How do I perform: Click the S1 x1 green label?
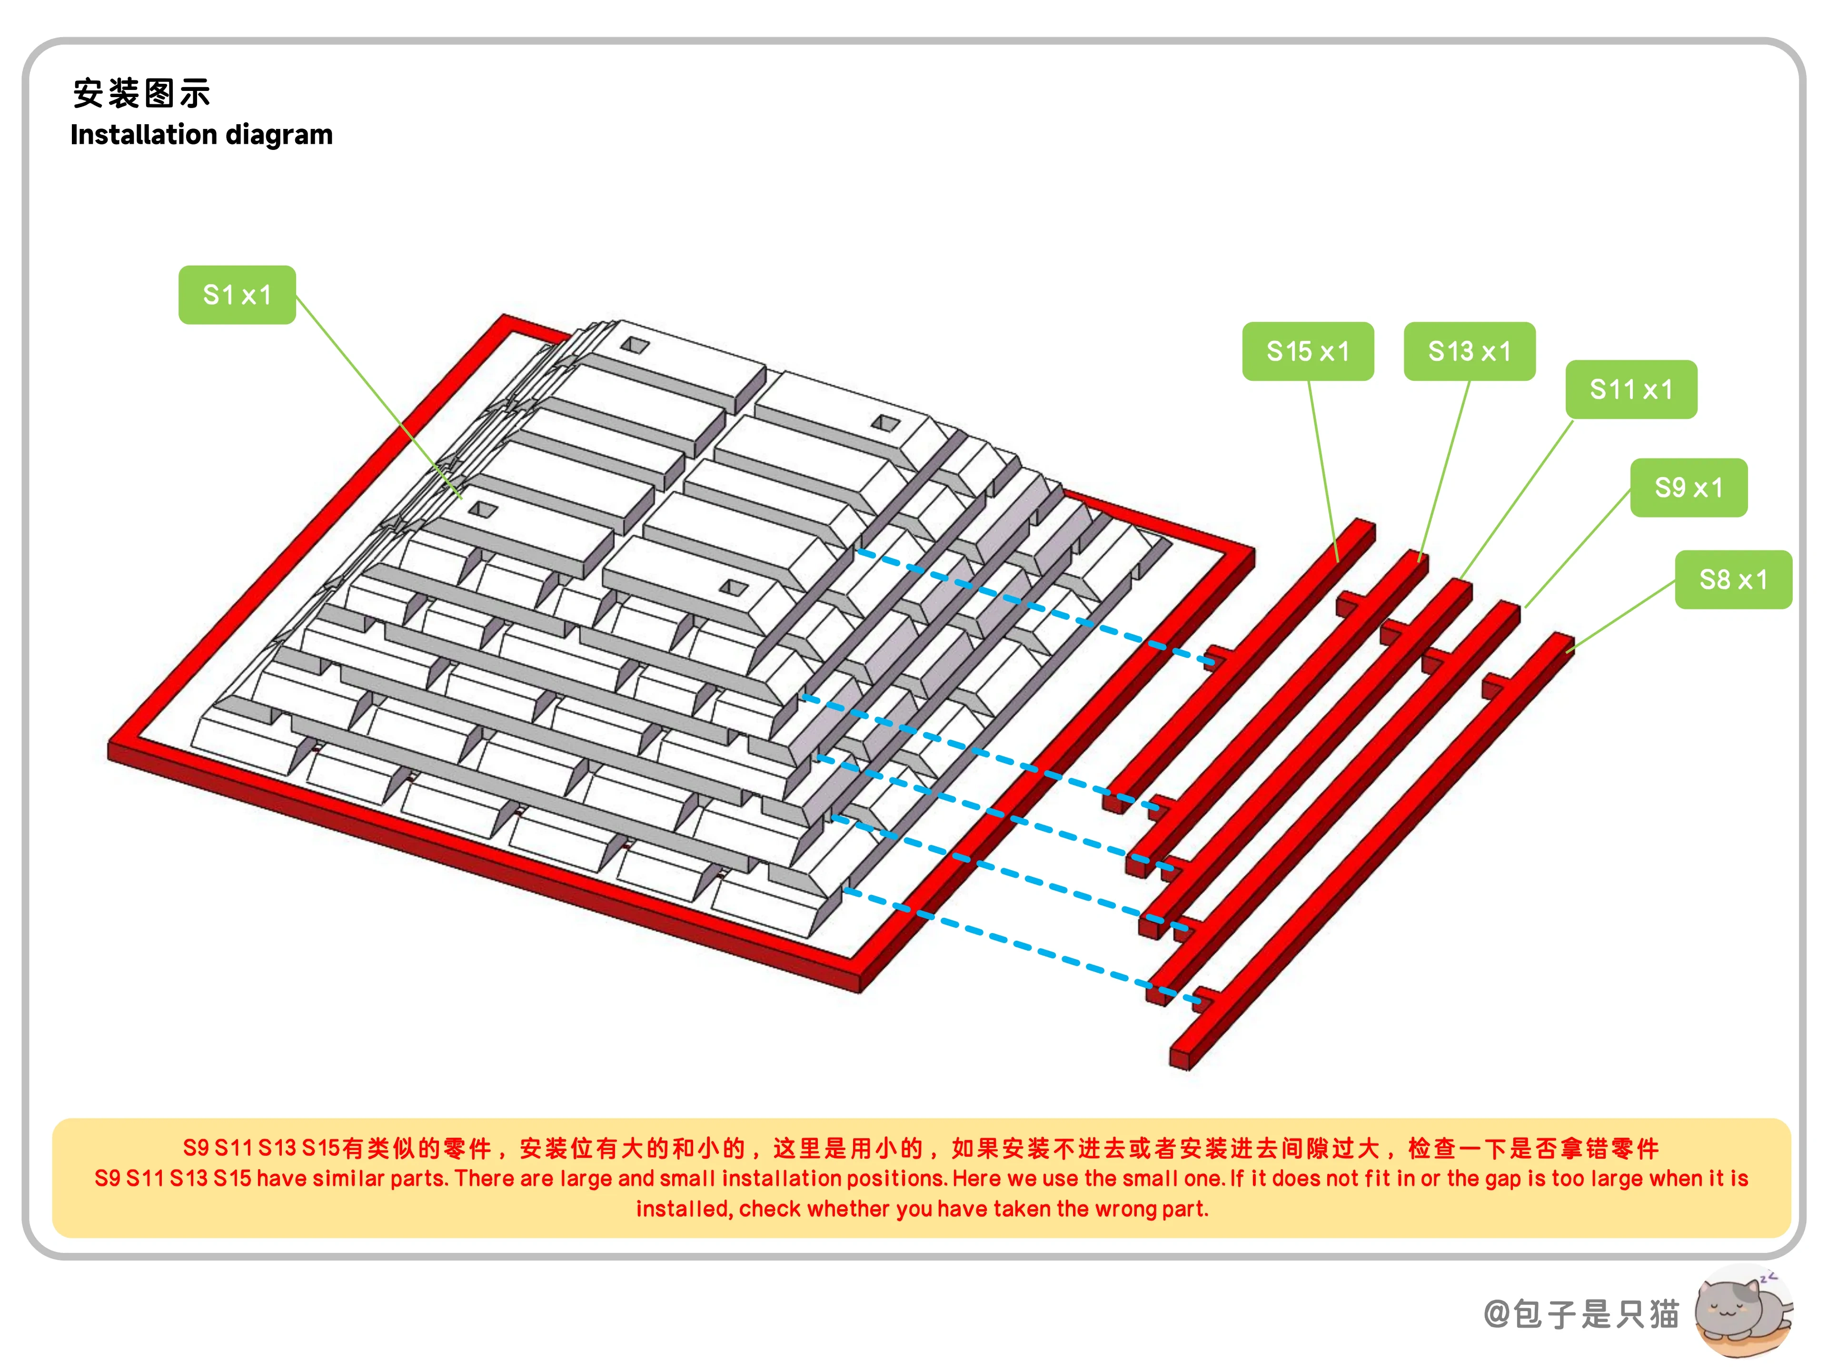tap(237, 295)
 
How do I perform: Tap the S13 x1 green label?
tap(1470, 351)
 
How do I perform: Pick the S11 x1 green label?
tap(1631, 389)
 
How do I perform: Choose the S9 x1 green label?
tap(1689, 487)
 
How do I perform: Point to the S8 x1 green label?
tap(1733, 579)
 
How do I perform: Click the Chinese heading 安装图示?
tap(141, 93)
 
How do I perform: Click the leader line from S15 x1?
tap(1323, 471)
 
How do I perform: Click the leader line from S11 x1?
tap(1517, 499)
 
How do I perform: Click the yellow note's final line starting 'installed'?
tap(922, 1209)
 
